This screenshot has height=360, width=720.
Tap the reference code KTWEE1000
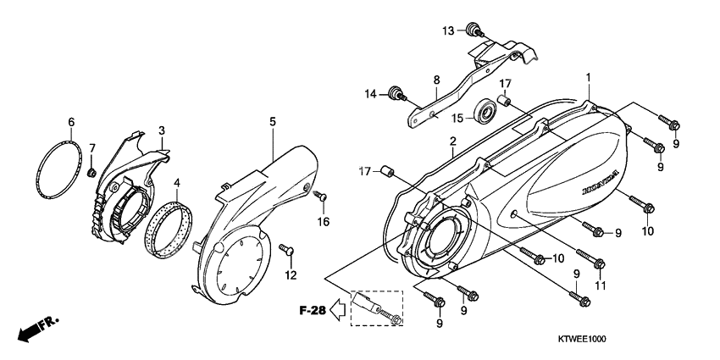click(655, 338)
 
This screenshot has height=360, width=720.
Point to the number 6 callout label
click(71, 121)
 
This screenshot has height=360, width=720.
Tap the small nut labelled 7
click(90, 174)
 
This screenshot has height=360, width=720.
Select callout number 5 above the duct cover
click(273, 122)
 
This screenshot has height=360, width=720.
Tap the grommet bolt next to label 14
click(395, 93)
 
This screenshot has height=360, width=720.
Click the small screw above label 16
click(321, 197)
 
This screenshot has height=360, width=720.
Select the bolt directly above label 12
click(287, 250)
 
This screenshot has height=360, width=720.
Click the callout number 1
click(587, 77)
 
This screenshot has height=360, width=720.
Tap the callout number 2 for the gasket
click(453, 141)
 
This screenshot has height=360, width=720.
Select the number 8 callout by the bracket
click(437, 80)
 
